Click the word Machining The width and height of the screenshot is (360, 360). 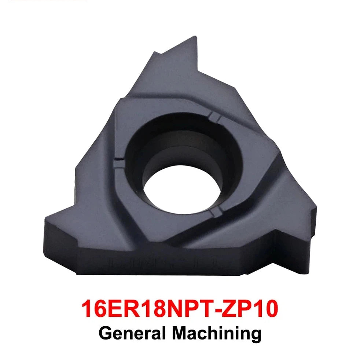[x=217, y=334]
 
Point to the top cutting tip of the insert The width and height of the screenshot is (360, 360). [x=195, y=37]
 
